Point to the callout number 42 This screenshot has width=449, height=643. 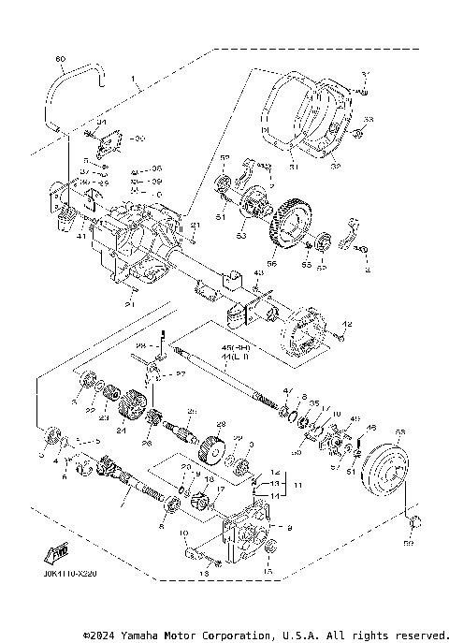[347, 324]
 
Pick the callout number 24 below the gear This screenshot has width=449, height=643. [119, 431]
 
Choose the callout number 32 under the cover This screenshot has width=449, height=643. [336, 167]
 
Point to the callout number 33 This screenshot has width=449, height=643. [368, 120]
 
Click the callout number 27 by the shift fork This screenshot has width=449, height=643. [181, 374]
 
